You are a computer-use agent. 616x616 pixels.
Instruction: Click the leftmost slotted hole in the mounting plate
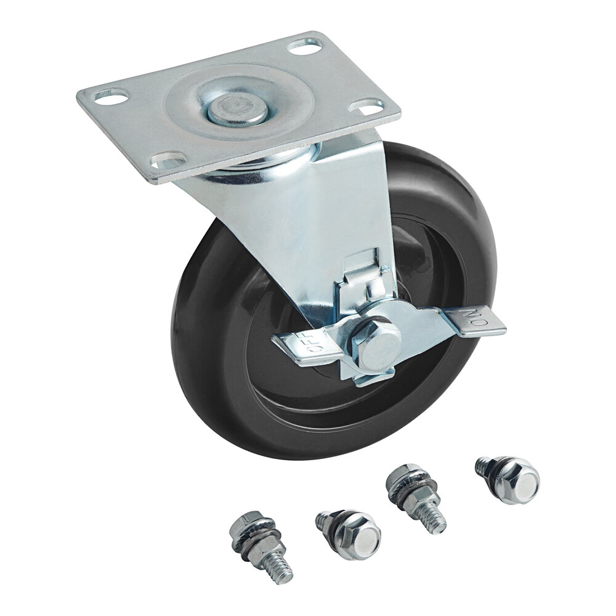(x=111, y=96)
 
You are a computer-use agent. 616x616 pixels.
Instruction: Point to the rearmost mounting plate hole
(x=305, y=46)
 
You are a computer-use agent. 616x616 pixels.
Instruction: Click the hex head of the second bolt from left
(x=355, y=535)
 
